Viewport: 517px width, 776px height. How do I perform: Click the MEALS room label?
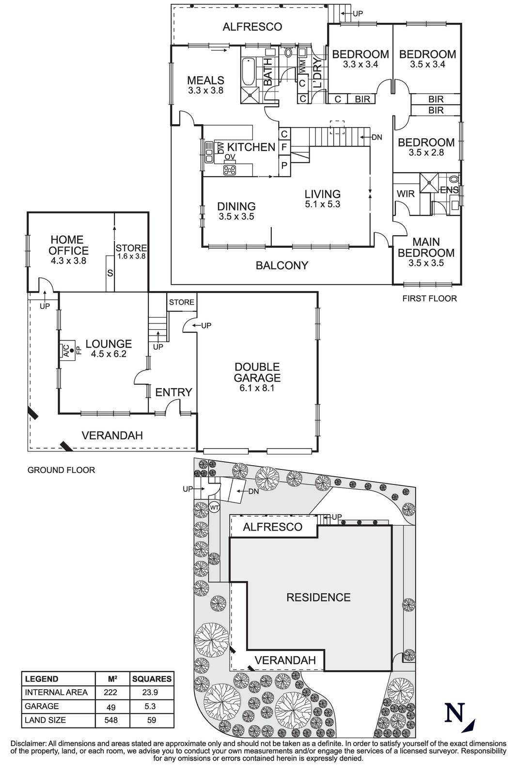coord(205,81)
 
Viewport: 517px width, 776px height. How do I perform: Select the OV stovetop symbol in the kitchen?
coord(230,169)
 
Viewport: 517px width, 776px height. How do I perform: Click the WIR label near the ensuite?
coord(406,194)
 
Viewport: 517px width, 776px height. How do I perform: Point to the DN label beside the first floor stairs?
coord(376,137)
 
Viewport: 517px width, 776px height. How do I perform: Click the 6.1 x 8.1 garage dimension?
coord(257,388)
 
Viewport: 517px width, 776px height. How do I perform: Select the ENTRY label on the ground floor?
coord(174,392)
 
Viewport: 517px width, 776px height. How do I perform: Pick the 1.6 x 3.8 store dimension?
coord(131,256)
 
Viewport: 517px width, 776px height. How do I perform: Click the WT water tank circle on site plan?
coord(215,507)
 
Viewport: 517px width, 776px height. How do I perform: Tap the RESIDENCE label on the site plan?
coord(318,597)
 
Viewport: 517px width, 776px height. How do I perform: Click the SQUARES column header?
coord(152,679)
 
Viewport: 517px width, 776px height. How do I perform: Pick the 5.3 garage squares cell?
coord(152,706)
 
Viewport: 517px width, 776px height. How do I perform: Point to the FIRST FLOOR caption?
coord(429,298)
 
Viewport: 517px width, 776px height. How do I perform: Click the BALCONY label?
coord(282,265)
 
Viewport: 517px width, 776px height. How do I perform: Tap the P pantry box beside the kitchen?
coord(284,165)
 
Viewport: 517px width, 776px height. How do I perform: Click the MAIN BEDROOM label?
coord(426,247)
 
